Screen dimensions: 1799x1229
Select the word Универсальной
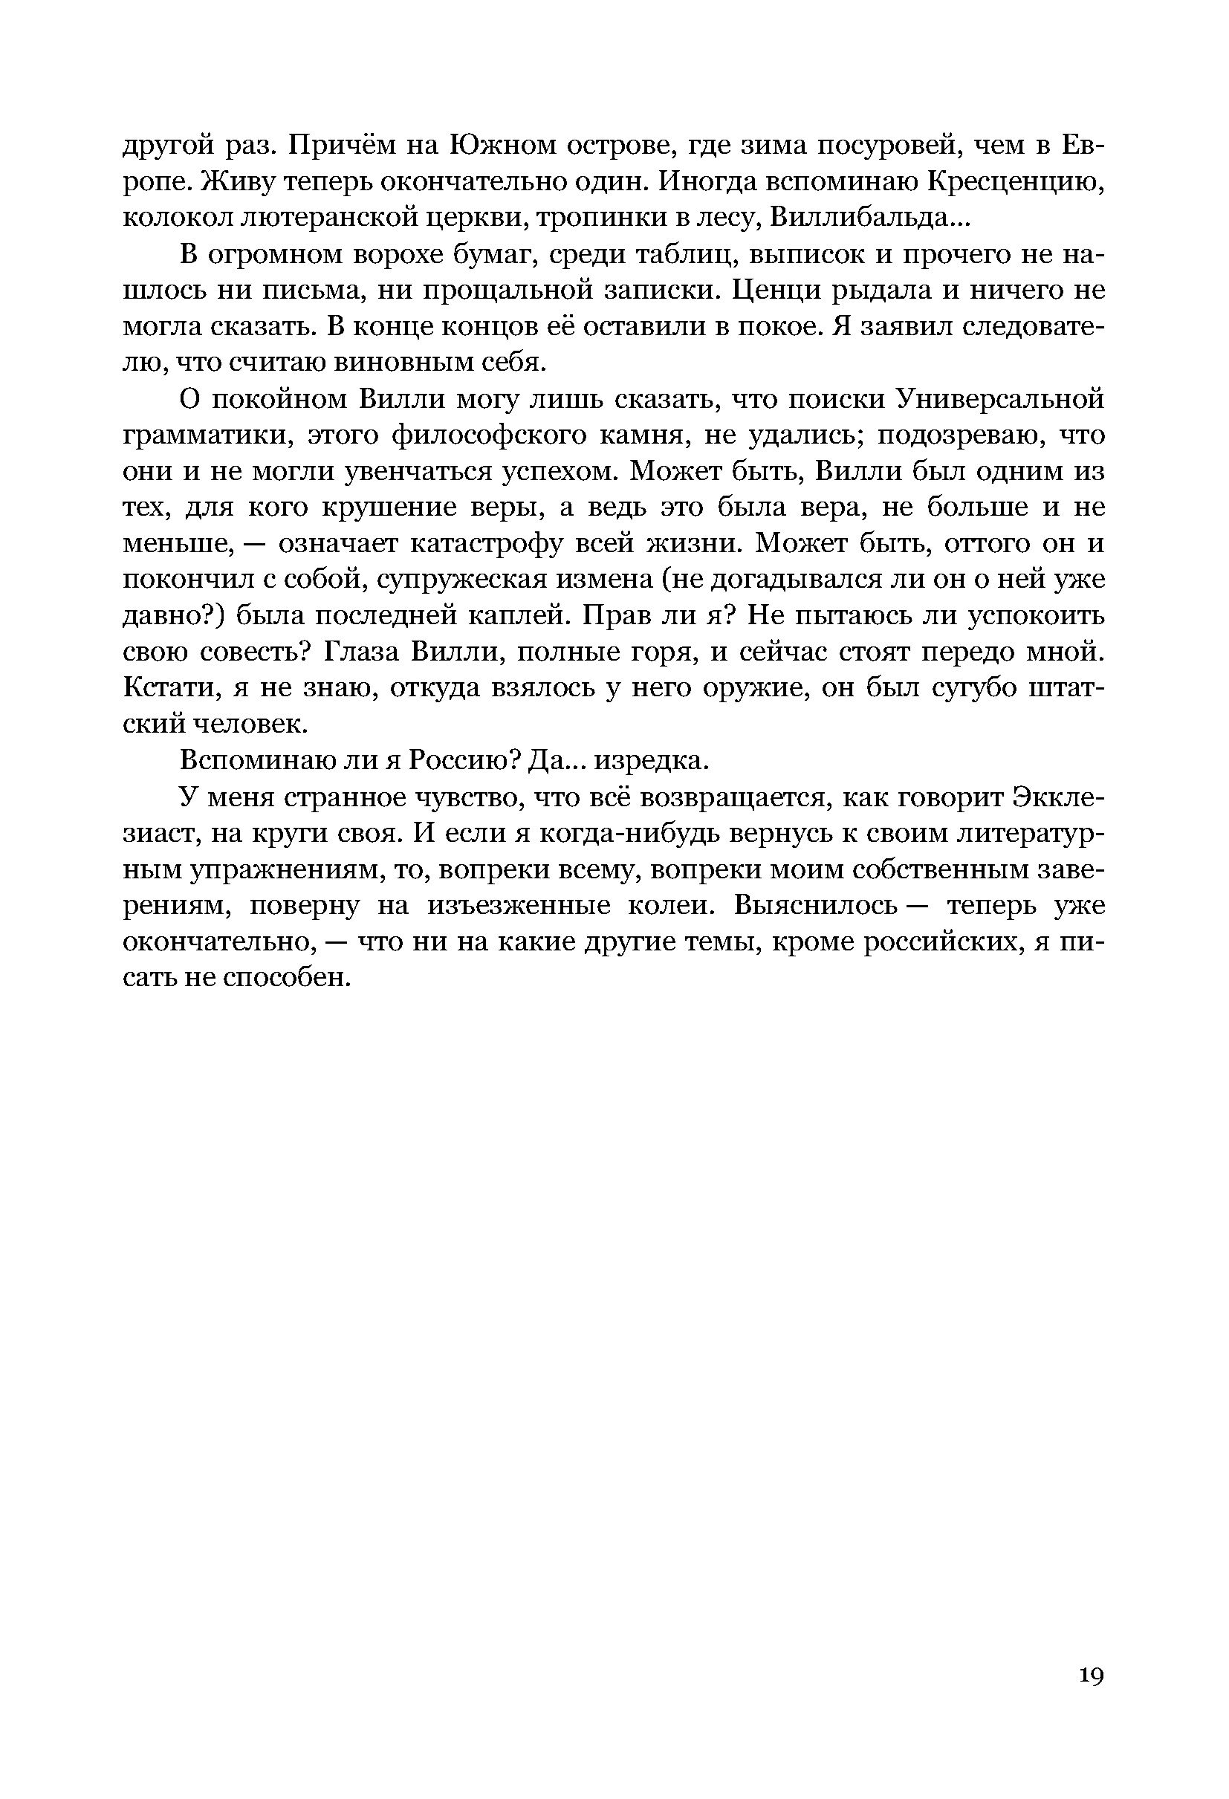coord(999,400)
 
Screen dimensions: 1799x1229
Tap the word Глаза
coord(358,652)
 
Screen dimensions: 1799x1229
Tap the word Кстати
coord(160,688)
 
